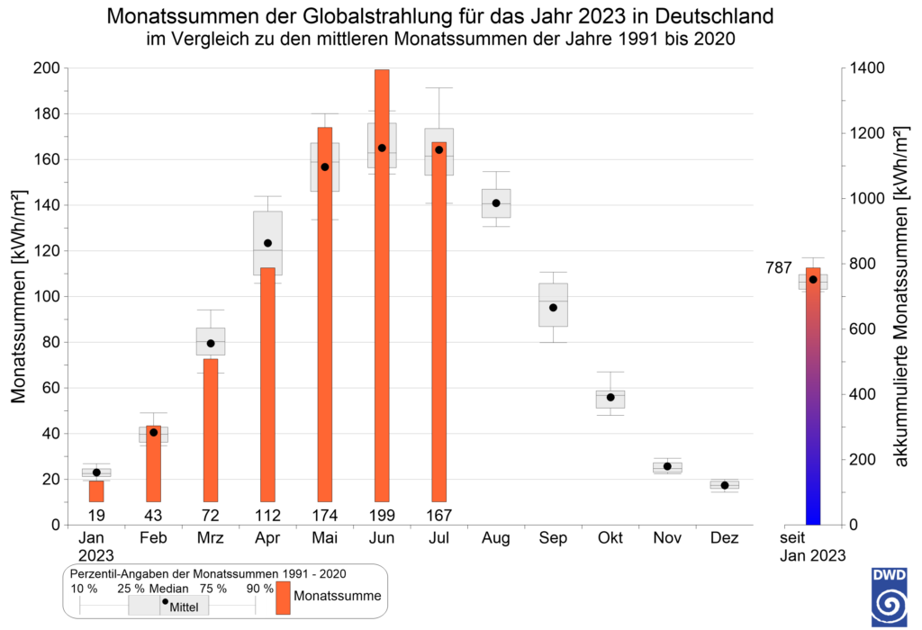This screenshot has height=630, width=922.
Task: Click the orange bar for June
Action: click(x=382, y=285)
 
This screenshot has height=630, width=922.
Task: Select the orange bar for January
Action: click(x=96, y=491)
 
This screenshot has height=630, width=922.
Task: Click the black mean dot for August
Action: click(x=496, y=203)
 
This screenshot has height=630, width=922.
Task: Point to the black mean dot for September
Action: click(x=553, y=308)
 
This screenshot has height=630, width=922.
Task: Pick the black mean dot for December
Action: click(x=725, y=485)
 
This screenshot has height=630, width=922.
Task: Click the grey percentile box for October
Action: click(x=610, y=400)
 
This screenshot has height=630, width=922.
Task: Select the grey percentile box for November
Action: click(x=667, y=468)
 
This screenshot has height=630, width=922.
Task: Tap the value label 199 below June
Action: click(x=382, y=516)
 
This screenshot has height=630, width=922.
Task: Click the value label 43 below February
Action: click(x=153, y=516)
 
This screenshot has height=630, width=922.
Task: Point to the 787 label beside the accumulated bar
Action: click(x=779, y=268)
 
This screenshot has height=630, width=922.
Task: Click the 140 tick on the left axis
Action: click(x=48, y=205)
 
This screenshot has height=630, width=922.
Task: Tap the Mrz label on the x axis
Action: click(x=211, y=537)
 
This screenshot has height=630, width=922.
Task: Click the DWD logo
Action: click(x=889, y=597)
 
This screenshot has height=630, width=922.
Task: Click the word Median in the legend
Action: click(x=168, y=589)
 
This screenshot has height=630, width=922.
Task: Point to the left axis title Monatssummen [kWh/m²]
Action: click(x=19, y=297)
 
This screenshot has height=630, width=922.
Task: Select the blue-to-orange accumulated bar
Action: click(x=813, y=396)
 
